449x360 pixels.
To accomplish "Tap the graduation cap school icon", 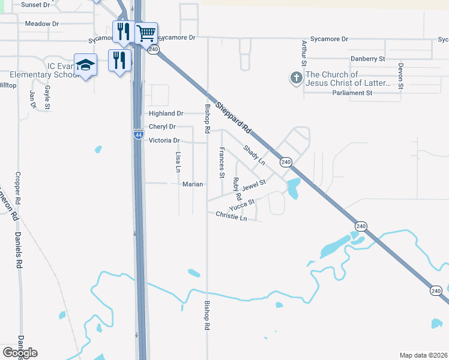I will tap(85, 64).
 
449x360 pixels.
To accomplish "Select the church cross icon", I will tap(296, 78).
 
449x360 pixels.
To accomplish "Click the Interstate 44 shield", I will tap(138, 136).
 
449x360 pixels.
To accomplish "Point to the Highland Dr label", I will tap(166, 113).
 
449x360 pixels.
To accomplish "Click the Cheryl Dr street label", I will tap(162, 127).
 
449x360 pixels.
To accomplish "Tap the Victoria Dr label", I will tap(164, 140).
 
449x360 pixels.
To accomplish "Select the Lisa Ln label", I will tap(178, 162).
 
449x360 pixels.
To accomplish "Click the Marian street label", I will tap(193, 184).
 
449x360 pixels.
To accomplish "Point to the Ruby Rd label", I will tap(237, 188).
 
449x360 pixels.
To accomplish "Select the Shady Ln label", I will tap(254, 155).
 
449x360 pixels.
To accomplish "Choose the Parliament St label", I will tap(352, 93).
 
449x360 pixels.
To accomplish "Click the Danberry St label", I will tap(367, 59).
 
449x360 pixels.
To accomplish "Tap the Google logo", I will tap(20, 353).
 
